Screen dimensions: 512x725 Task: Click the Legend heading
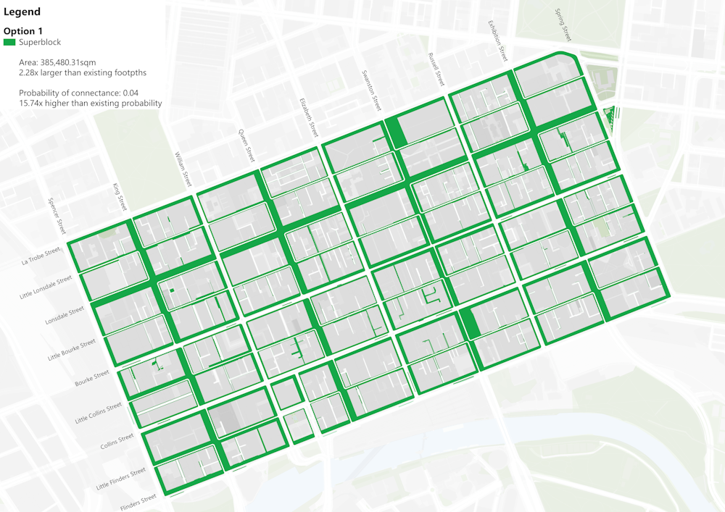22,12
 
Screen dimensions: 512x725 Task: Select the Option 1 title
23,31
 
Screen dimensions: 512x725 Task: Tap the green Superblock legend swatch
9,43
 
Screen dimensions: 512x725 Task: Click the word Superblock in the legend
40,43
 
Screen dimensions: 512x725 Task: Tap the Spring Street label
563,25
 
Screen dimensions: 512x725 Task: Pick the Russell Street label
435,70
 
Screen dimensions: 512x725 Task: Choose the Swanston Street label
372,91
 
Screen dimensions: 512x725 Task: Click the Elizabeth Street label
309,118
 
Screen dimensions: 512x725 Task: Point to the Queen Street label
246,146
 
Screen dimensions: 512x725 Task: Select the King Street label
120,198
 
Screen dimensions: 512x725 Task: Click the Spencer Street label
57,217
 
